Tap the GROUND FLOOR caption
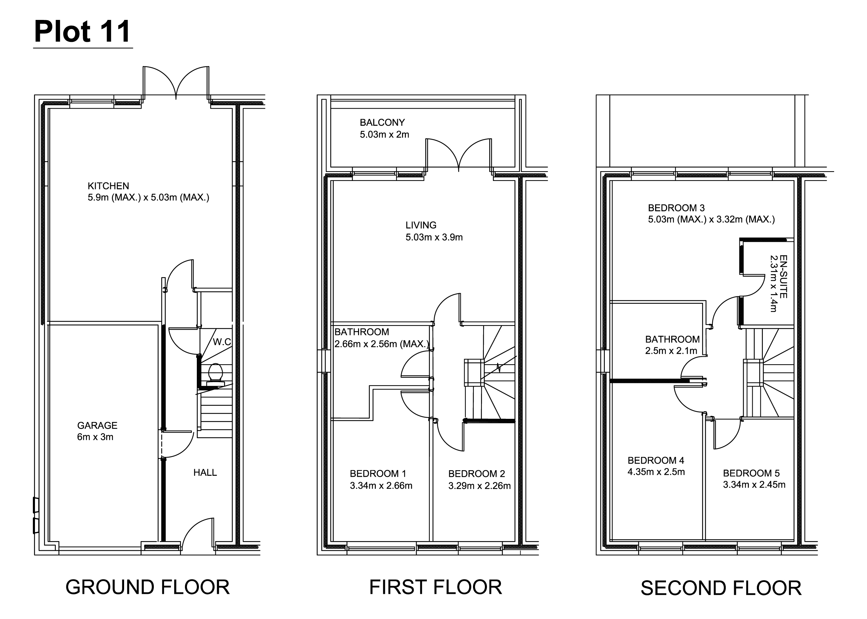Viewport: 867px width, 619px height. (x=148, y=587)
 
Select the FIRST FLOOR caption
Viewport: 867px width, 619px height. (x=436, y=587)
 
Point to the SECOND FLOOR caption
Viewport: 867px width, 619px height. (x=721, y=588)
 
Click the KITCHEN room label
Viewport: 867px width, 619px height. (x=108, y=186)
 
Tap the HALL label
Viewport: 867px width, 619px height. (x=205, y=473)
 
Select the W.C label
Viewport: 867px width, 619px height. (x=222, y=342)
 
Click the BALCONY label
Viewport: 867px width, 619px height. (x=382, y=122)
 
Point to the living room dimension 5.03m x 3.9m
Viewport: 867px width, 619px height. (x=434, y=237)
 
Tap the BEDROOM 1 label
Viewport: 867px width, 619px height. (x=378, y=474)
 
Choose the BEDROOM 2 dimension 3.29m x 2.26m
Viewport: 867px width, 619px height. (x=479, y=486)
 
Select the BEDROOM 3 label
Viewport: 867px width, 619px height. (x=676, y=208)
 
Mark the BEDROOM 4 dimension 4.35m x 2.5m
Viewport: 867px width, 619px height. (x=656, y=472)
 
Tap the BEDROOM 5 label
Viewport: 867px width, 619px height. (x=751, y=473)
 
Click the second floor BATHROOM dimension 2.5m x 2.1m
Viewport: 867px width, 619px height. (x=671, y=351)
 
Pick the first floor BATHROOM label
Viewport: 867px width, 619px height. (x=361, y=332)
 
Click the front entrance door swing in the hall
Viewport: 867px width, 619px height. (x=198, y=531)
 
